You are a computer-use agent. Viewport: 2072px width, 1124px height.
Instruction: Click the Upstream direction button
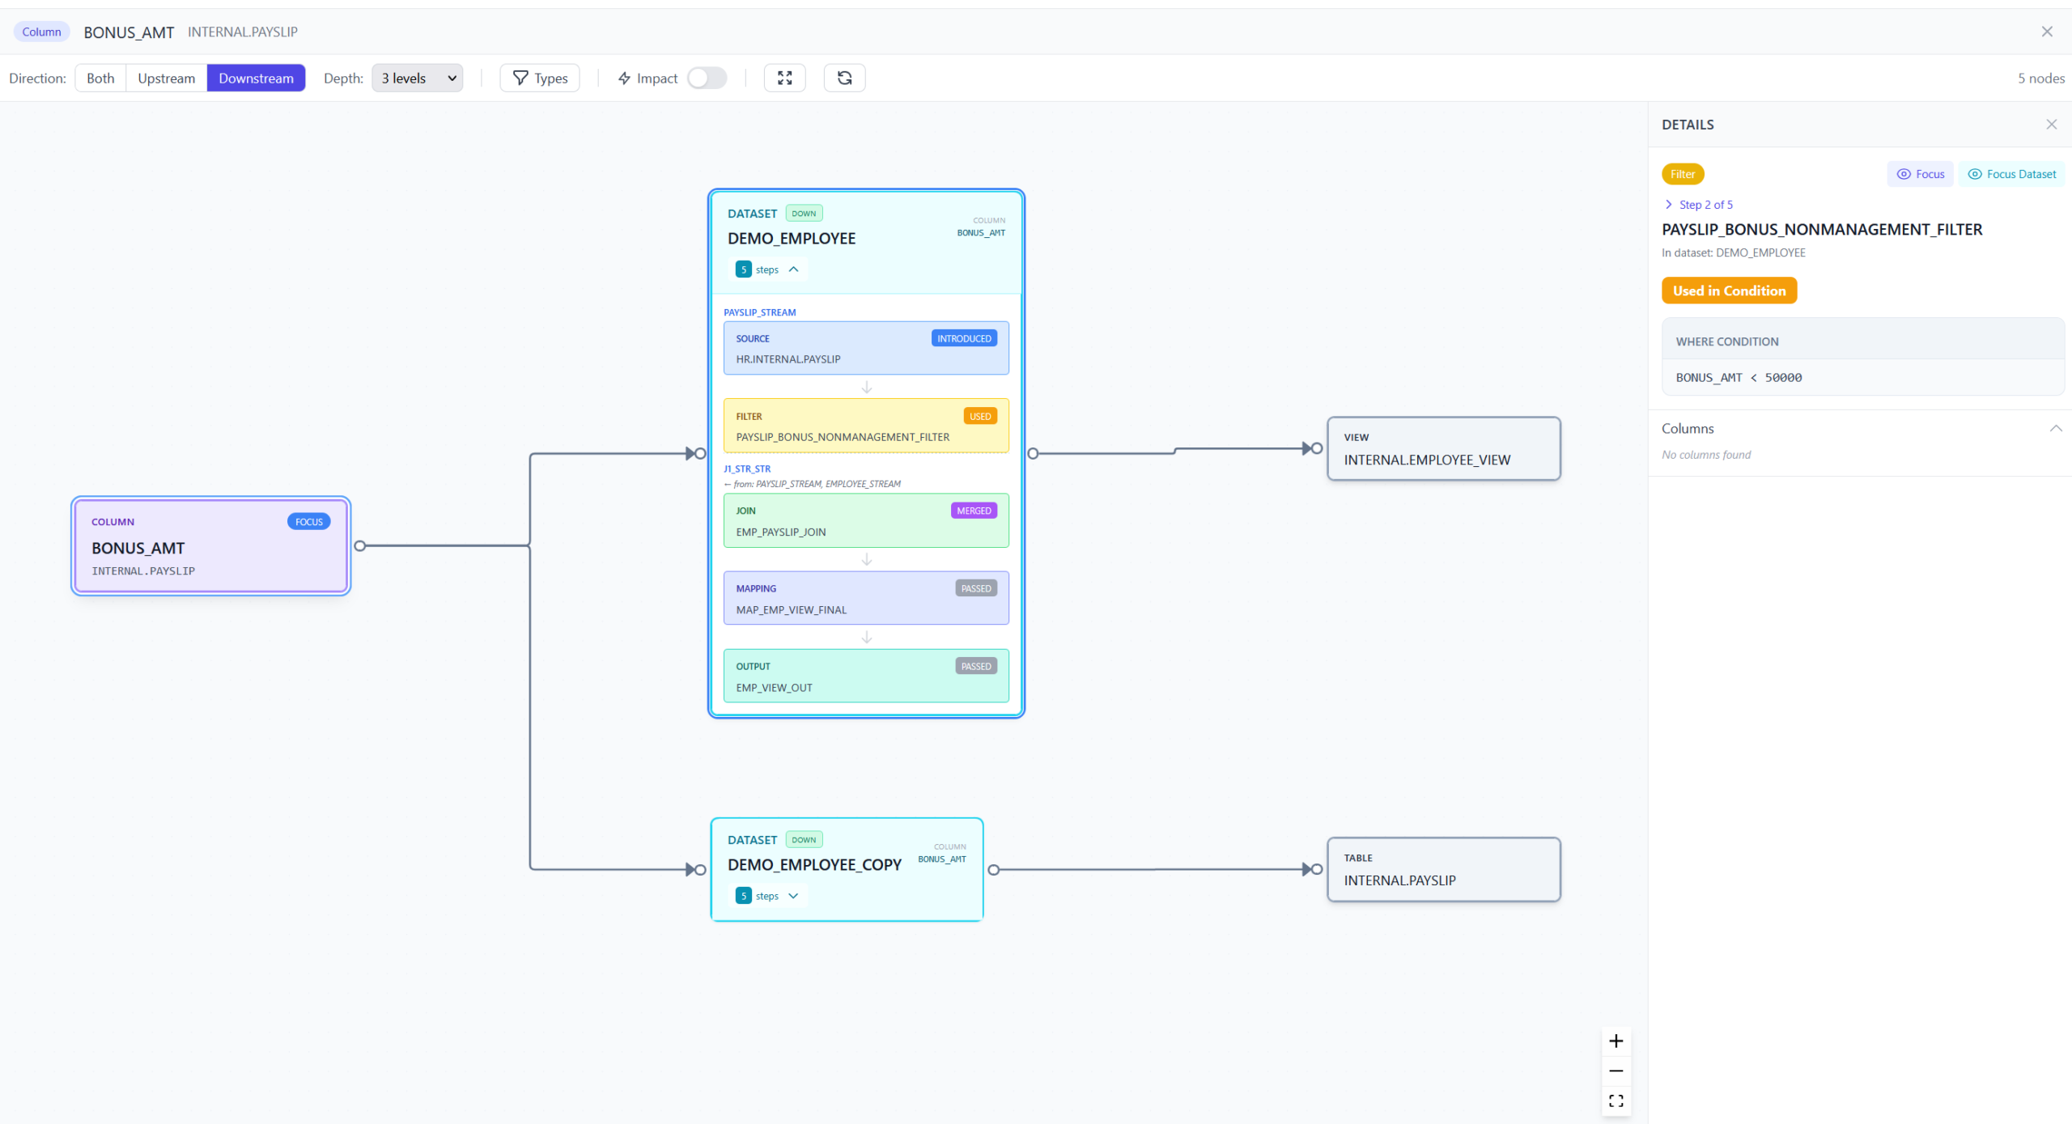tap(166, 78)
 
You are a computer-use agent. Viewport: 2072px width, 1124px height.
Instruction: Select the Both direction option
tap(100, 78)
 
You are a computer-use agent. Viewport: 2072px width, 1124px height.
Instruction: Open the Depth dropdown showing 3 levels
tap(418, 78)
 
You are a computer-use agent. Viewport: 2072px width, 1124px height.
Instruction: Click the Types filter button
tap(540, 78)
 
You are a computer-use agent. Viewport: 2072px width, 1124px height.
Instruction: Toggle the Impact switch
tap(707, 78)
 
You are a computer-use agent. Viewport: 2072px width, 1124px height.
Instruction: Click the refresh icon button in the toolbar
tap(844, 78)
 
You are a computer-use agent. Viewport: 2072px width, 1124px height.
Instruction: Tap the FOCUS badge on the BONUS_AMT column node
tap(309, 522)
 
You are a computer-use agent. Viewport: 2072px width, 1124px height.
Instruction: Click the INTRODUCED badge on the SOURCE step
tap(964, 338)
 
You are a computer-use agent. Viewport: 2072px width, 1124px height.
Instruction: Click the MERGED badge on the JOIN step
tap(974, 511)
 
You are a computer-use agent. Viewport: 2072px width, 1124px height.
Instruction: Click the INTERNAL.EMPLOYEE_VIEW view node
tap(1444, 448)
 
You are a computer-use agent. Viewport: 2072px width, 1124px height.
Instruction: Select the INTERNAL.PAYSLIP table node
tap(1444, 869)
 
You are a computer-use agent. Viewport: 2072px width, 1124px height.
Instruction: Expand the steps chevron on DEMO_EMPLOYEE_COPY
tap(793, 896)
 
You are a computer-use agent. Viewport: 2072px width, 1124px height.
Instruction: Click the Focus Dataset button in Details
tap(2011, 174)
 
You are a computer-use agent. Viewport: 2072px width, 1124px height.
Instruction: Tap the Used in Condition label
tap(1729, 291)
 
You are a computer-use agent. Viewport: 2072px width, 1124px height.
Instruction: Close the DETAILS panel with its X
tap(2052, 125)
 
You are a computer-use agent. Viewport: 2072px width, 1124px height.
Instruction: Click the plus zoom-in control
tap(1616, 1041)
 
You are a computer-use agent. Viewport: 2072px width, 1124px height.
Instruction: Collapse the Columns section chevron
tap(2056, 428)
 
